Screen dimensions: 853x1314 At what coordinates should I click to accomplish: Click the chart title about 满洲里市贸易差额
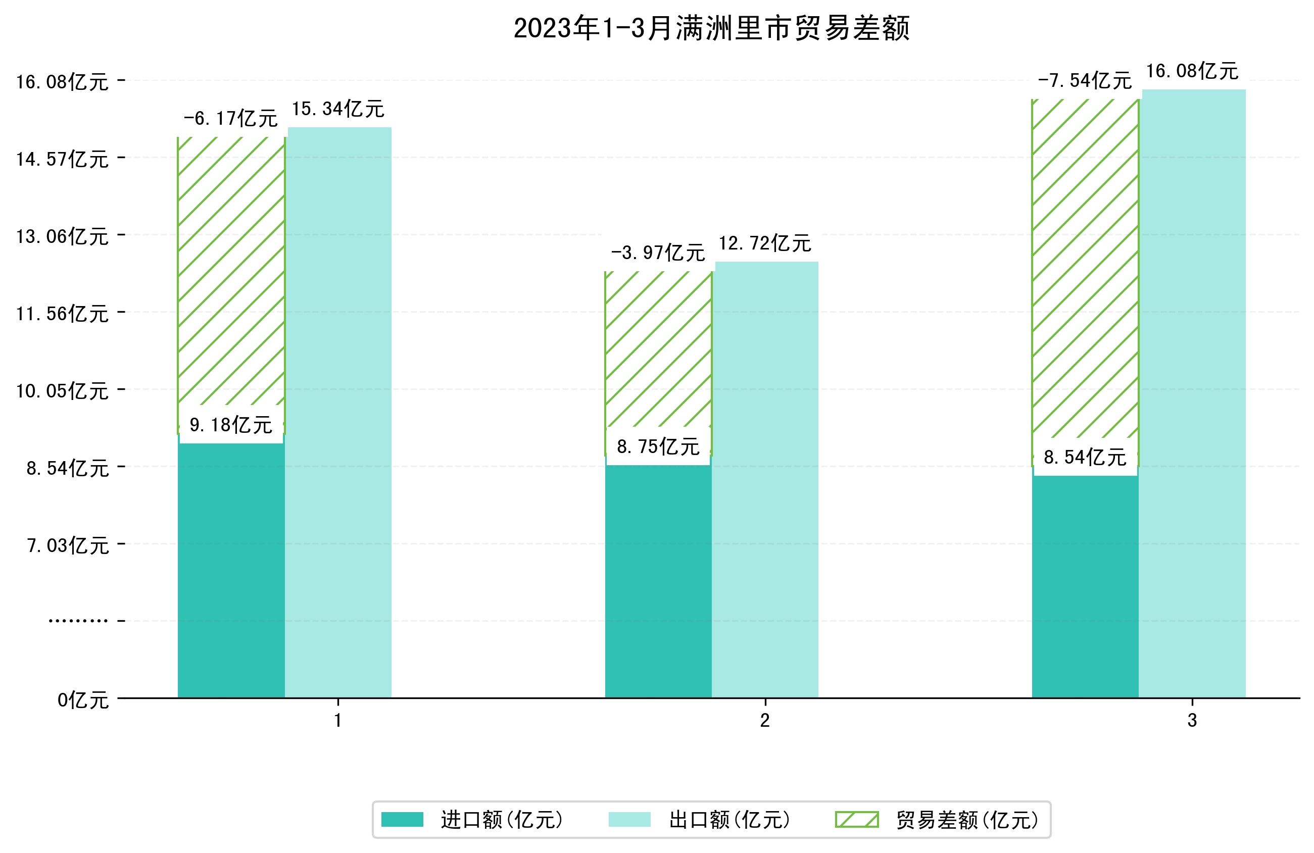(711, 29)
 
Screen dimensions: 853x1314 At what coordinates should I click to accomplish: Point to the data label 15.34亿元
(338, 109)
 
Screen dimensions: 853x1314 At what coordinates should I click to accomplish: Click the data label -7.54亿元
(1084, 81)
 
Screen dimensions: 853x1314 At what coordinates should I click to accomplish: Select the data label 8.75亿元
(658, 446)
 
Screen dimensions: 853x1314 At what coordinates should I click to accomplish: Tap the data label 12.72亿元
(765, 243)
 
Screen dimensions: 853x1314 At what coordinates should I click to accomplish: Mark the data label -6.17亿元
(230, 119)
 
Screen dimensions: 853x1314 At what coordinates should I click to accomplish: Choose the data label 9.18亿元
(231, 425)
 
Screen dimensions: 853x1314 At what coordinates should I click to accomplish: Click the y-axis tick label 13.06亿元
(62, 237)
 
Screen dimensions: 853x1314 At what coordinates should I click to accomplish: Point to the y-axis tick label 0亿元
(83, 700)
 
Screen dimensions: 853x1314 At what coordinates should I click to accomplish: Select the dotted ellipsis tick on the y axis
(78, 621)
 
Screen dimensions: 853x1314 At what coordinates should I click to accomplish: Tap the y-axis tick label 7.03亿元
(68, 546)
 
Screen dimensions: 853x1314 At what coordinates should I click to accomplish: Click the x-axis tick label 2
(765, 721)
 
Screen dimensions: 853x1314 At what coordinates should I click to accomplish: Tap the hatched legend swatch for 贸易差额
(856, 820)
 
